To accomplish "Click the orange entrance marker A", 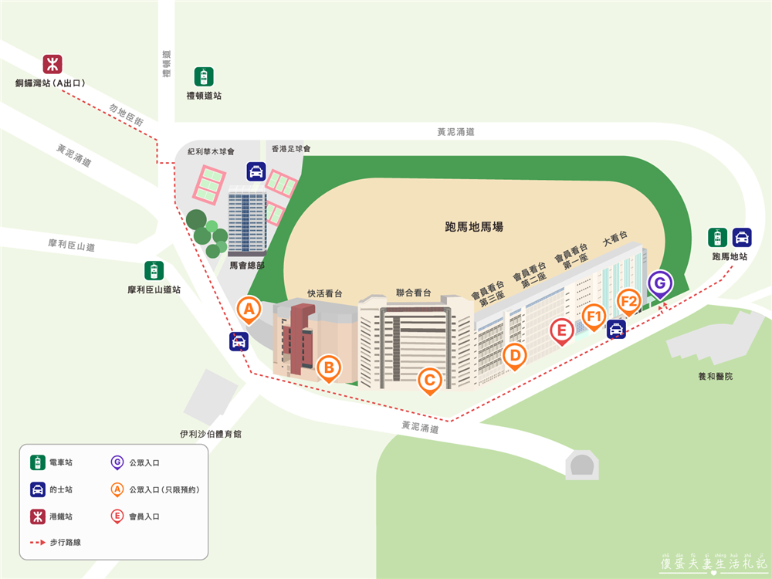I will click(249, 310).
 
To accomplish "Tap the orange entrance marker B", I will click(329, 368).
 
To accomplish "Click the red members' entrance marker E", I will click(561, 331).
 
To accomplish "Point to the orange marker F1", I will click(594, 316).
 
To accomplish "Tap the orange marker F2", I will click(629, 300).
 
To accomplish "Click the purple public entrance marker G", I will click(659, 283).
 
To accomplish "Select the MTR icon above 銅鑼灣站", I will click(52, 63).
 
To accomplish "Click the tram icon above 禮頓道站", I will click(204, 77).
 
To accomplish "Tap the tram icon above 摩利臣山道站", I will click(154, 271).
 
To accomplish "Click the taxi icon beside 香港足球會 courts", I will click(256, 171).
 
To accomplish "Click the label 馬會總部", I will click(248, 265).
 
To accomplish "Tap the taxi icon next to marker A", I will click(239, 341).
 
